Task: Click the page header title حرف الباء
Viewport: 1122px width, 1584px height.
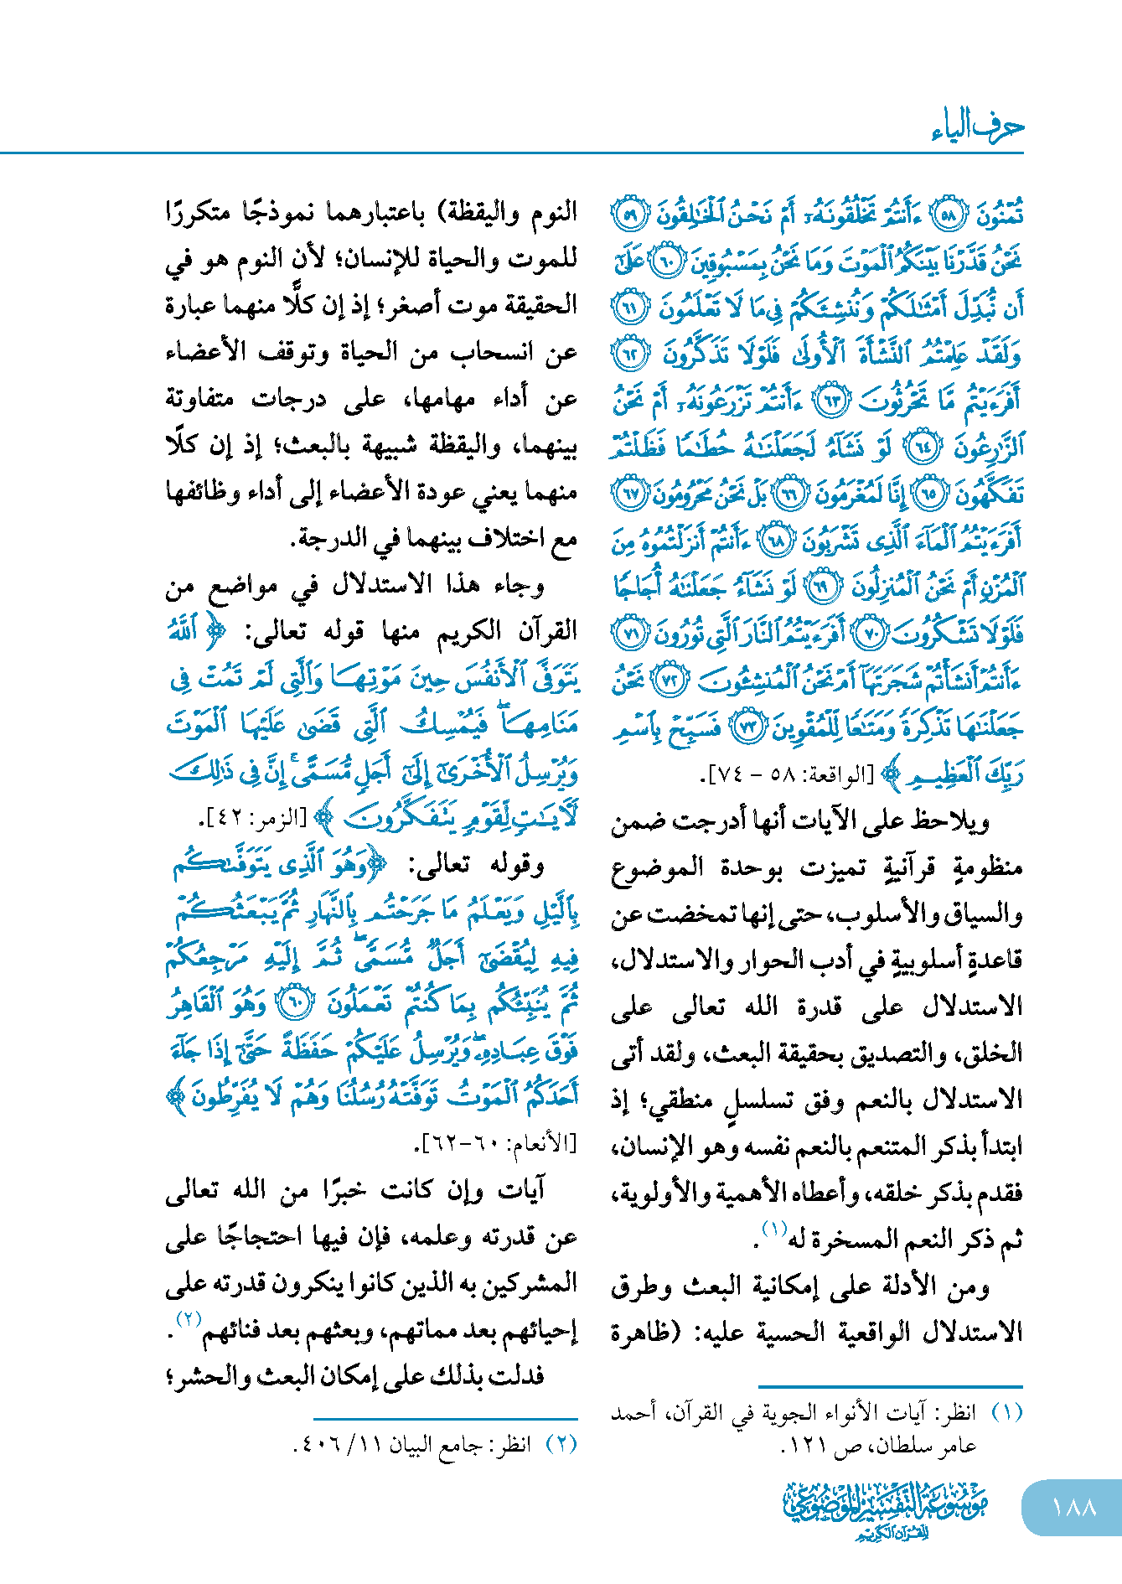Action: tap(977, 127)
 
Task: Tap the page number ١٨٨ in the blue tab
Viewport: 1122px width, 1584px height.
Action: tap(1073, 1507)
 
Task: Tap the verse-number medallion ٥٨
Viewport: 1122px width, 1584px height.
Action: tap(949, 215)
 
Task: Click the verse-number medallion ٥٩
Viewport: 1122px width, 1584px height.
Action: tap(630, 215)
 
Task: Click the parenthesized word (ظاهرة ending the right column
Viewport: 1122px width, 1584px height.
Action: tap(646, 1332)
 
